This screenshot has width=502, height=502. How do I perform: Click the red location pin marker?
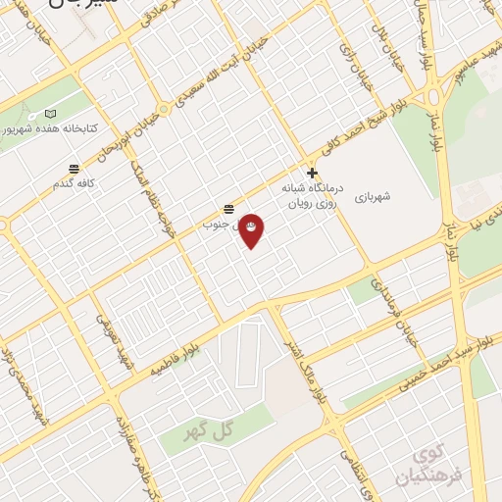click(x=251, y=228)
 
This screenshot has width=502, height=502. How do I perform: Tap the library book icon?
click(x=50, y=113)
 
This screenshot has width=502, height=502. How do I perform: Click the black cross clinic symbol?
click(x=312, y=173)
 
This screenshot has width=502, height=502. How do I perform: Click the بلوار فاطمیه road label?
click(x=176, y=354)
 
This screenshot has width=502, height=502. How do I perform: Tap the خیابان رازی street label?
click(x=351, y=64)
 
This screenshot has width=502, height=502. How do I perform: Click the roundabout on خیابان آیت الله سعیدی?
click(x=165, y=109)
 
